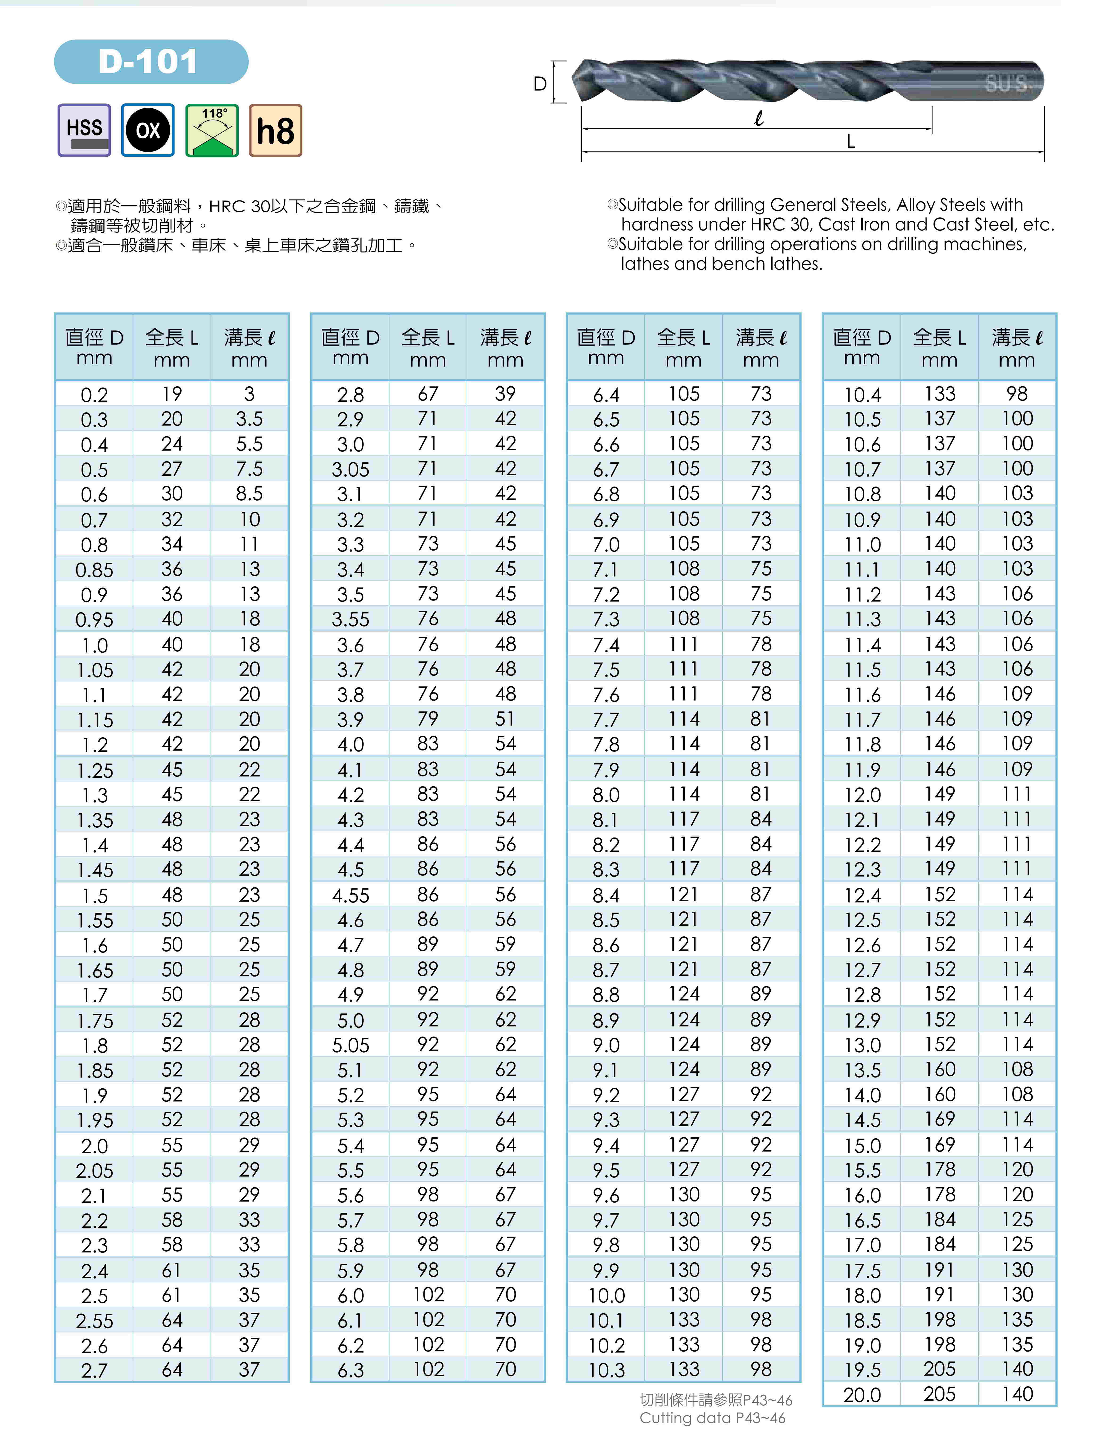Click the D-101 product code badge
point(151,62)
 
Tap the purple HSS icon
point(84,130)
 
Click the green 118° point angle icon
point(212,130)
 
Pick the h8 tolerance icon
point(275,130)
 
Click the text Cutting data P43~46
point(712,1418)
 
